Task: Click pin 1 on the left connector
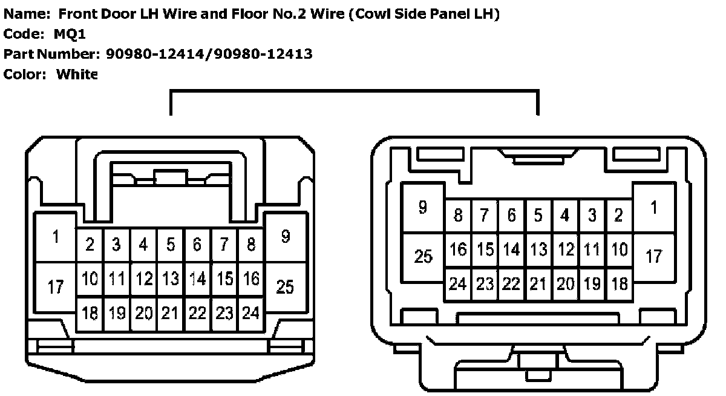coord(55,237)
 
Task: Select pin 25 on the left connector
coord(284,286)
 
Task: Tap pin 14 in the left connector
coord(197,279)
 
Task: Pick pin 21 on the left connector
coord(171,314)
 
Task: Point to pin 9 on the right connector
coord(423,207)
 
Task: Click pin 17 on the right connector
coord(653,256)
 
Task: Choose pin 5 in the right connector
coord(538,215)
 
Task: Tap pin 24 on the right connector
coord(458,283)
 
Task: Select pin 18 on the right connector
coord(619,283)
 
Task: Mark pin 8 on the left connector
coord(250,245)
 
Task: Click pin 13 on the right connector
coord(538,249)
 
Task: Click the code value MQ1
coord(70,35)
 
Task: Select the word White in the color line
coord(77,74)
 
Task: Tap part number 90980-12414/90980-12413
coord(209,54)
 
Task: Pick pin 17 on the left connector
coord(55,286)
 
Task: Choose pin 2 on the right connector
coord(618,215)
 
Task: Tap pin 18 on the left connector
coord(90,314)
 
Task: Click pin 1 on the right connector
coord(653,207)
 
